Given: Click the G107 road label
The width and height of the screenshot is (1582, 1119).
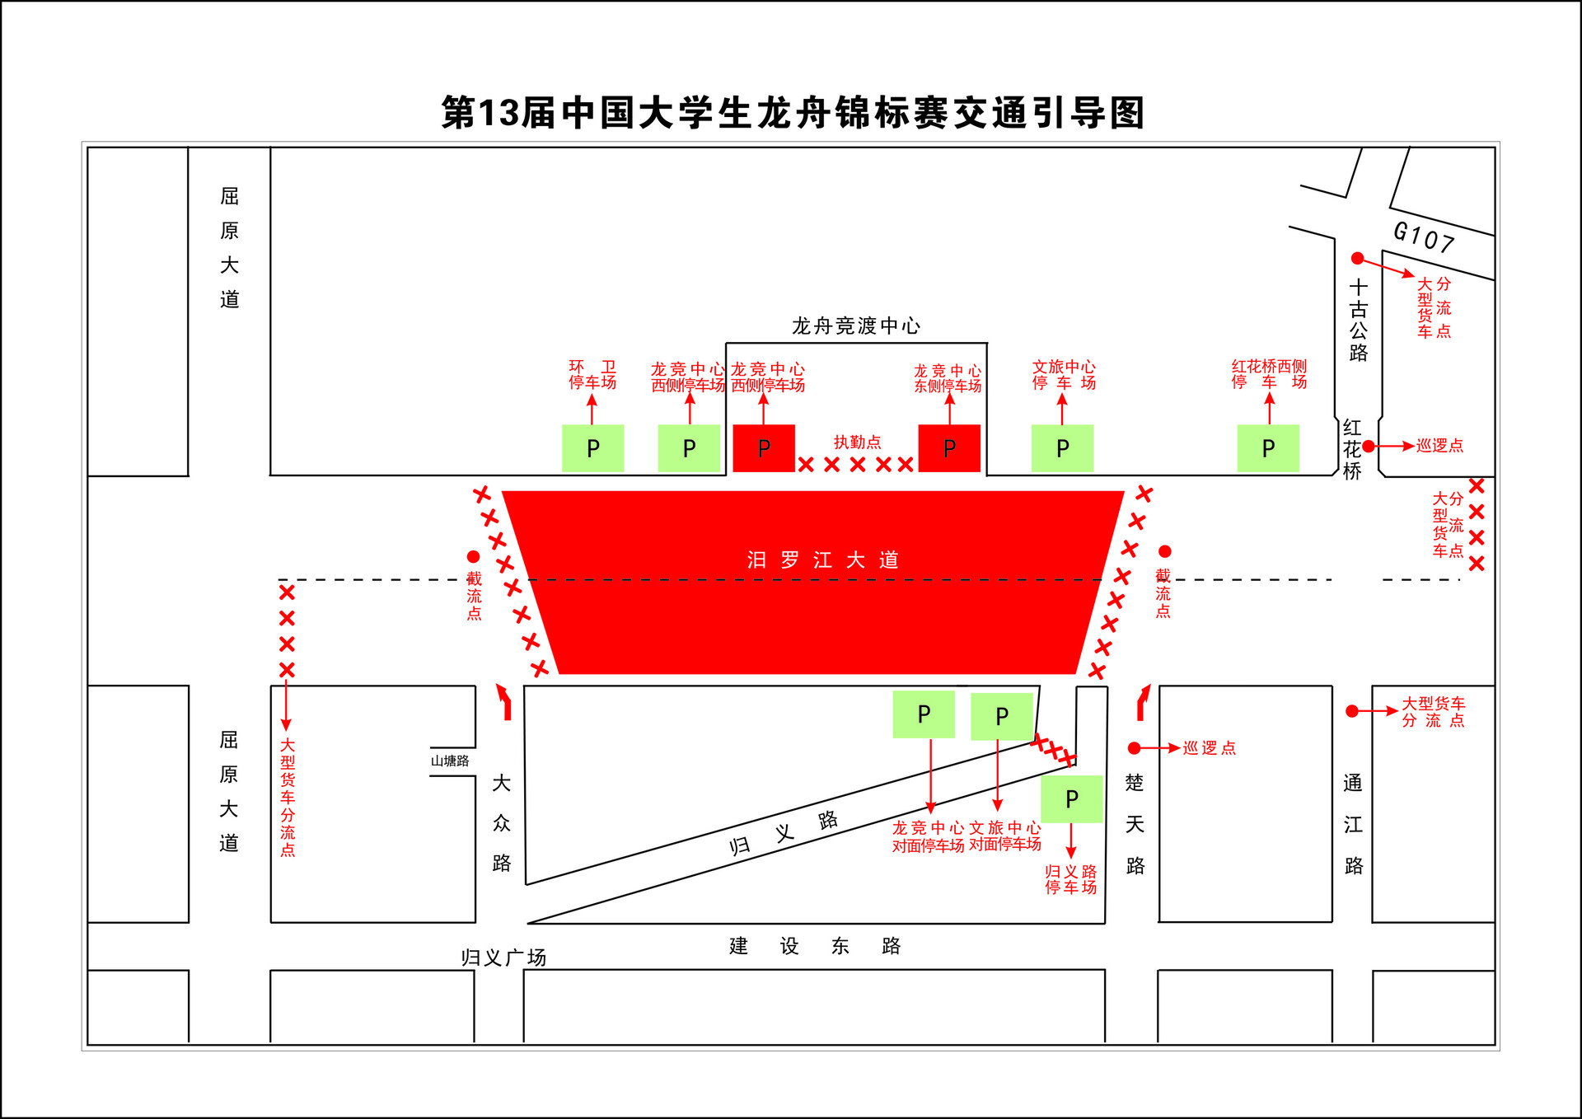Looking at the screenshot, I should (1423, 236).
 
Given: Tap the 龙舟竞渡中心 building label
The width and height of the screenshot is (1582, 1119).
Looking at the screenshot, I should (856, 326).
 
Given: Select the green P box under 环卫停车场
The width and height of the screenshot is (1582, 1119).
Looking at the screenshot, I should (592, 448).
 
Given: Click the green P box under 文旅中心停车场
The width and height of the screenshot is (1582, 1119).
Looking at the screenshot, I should (1062, 448).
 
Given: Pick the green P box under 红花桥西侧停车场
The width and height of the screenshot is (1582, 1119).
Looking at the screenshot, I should (1268, 448).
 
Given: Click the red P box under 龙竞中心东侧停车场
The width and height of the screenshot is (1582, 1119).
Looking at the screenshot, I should (949, 448).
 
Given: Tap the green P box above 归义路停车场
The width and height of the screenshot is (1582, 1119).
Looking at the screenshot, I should (1071, 798).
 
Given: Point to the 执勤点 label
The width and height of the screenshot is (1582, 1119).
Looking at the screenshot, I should (857, 442).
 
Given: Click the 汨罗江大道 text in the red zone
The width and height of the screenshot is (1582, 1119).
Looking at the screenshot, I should (822, 560).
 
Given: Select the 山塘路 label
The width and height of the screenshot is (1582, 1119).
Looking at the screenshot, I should (450, 761).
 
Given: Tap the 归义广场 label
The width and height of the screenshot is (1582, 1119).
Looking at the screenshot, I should (503, 957).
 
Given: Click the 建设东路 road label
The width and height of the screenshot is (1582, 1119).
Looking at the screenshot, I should (814, 946).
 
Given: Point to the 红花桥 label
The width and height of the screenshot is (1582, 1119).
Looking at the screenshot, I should (1352, 449).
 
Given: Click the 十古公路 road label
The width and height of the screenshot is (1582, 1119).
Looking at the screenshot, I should (1358, 320).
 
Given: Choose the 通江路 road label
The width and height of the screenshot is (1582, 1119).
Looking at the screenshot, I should (1353, 824).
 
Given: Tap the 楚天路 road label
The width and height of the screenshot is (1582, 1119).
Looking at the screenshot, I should (1135, 824).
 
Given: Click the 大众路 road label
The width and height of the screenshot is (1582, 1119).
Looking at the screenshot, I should (501, 822).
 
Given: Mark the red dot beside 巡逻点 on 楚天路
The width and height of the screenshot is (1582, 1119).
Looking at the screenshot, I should (1135, 748).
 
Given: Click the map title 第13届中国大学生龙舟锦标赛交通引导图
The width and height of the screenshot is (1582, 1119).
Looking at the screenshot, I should (793, 113).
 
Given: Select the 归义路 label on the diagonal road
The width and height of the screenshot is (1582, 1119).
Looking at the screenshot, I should (784, 833).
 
